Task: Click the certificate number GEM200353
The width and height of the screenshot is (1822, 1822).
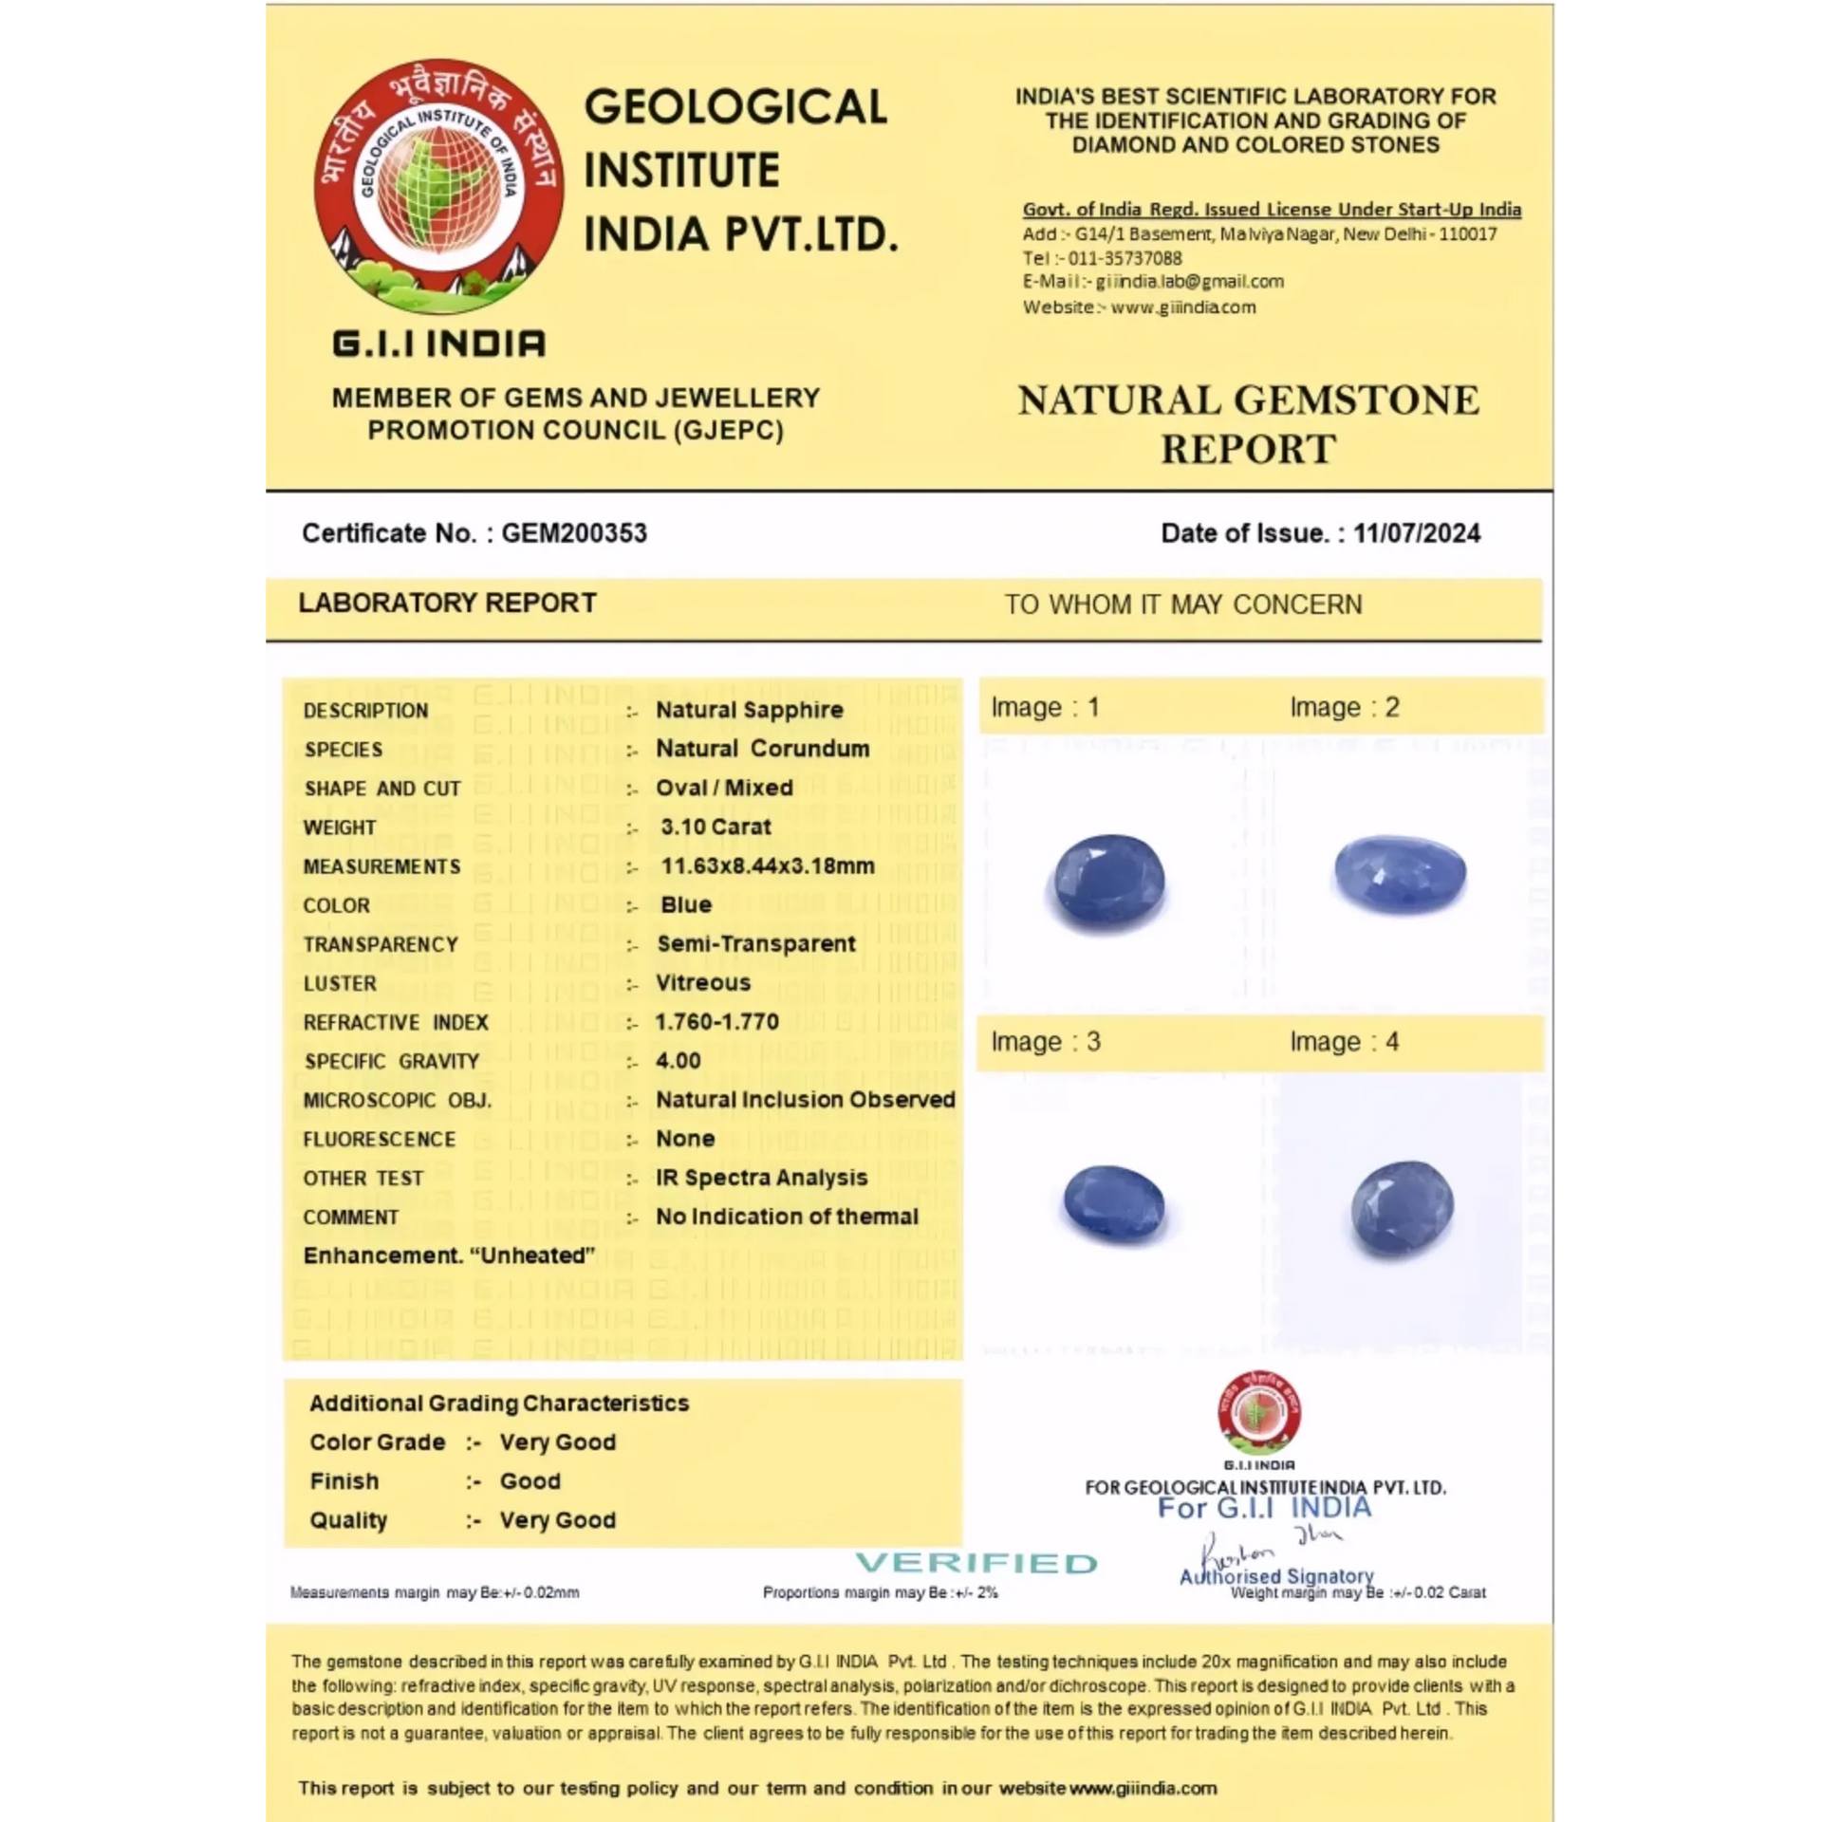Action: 574,533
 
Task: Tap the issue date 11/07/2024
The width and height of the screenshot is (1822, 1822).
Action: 1416,533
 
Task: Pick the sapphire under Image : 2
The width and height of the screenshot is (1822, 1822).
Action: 1400,874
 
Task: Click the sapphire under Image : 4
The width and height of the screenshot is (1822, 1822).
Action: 1402,1208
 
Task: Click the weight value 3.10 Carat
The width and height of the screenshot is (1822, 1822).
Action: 716,827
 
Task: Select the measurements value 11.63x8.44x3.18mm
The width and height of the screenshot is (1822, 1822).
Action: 767,865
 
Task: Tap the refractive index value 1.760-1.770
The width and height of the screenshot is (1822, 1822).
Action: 716,1022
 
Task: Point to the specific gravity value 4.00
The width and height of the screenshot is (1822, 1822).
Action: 678,1061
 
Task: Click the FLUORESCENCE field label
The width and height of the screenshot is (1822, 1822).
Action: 379,1139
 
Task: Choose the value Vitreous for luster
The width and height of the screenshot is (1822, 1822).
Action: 702,983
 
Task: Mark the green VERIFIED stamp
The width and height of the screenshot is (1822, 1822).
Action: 976,1563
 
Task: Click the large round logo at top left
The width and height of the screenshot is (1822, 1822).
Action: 438,188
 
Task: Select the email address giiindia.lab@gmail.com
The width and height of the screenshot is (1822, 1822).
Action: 1189,282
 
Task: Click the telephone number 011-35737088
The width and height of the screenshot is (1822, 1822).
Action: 1125,258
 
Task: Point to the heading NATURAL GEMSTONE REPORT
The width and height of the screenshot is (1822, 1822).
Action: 1248,424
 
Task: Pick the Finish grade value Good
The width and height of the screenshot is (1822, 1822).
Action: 530,1481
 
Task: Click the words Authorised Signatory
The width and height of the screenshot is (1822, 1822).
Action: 1276,1576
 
